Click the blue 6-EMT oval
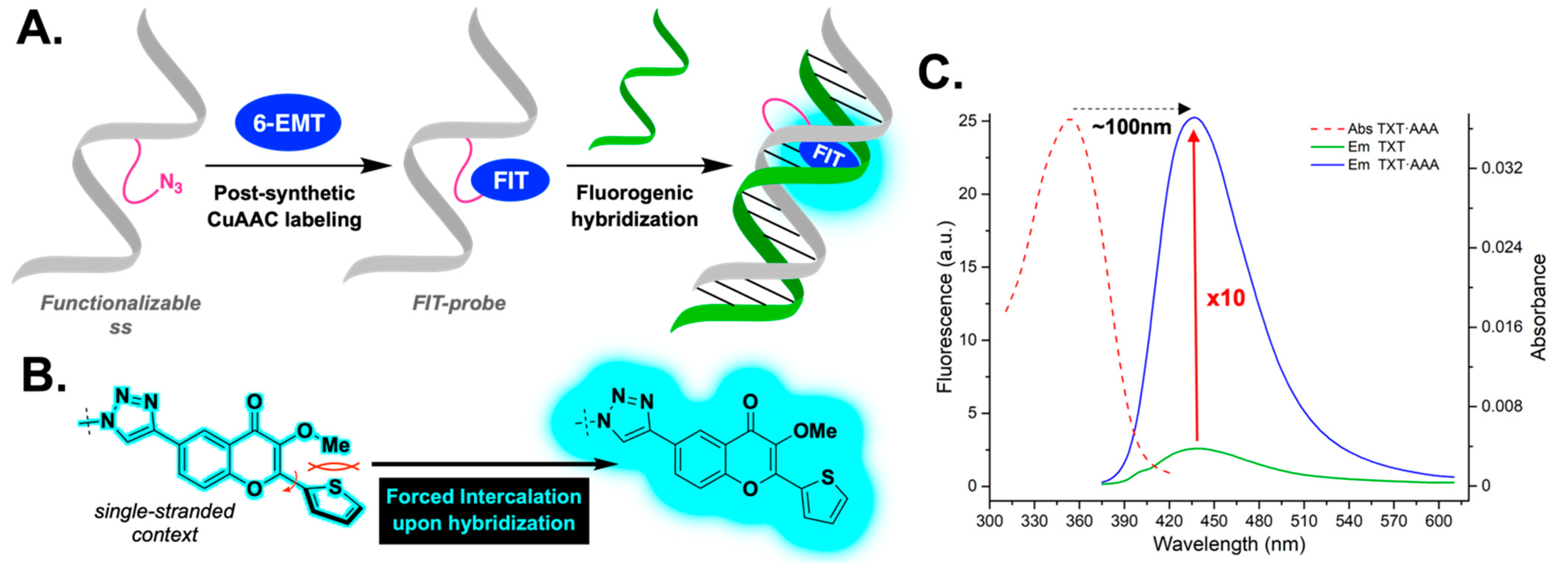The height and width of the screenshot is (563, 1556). click(287, 123)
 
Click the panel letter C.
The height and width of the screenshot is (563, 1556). click(940, 73)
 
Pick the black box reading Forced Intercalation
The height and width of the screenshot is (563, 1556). click(484, 510)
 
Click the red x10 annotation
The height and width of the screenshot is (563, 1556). click(1226, 298)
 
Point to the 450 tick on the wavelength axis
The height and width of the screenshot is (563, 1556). click(1214, 521)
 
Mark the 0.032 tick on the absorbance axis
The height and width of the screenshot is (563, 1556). click(1502, 168)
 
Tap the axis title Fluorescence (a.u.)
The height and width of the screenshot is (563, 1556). click(945, 307)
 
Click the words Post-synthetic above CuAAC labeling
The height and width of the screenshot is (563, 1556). click(284, 193)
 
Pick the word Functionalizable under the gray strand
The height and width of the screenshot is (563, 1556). click(120, 303)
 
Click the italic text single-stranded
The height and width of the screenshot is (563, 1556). click(164, 511)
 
